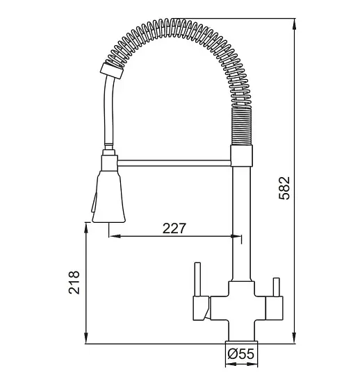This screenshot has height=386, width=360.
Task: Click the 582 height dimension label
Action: click(x=285, y=188)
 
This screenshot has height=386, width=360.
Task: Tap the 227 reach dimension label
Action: click(x=174, y=228)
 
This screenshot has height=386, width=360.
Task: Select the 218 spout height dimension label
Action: click(x=74, y=283)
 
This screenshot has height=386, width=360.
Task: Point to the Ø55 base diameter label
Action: click(x=240, y=354)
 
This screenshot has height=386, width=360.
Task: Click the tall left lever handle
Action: click(x=197, y=279)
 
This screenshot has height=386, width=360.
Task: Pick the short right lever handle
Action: click(x=276, y=287)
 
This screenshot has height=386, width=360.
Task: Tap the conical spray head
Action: click(x=108, y=196)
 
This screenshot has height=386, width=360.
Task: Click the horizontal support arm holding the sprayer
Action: click(x=174, y=163)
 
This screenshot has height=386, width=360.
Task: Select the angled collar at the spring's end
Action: click(x=112, y=71)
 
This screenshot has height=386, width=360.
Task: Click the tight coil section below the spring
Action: click(x=241, y=126)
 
